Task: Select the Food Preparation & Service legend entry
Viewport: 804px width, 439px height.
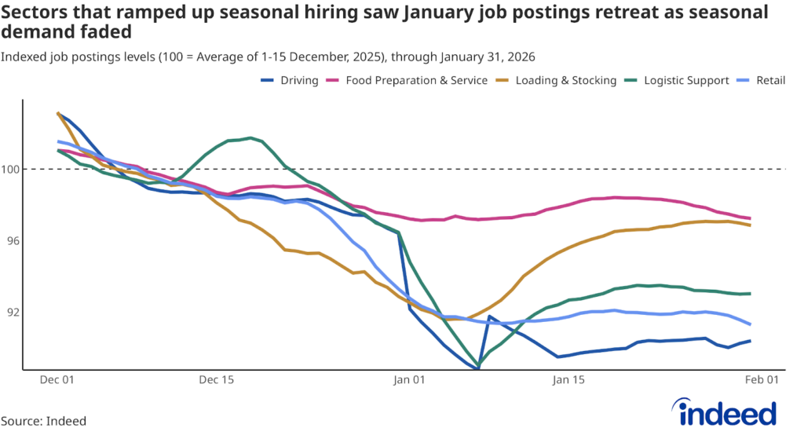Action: [424, 80]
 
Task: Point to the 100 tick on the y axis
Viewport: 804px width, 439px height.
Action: [12, 169]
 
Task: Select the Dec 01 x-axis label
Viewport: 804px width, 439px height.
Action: [57, 380]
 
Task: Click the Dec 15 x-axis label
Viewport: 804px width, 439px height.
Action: [217, 380]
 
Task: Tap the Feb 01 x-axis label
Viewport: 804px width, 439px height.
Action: [761, 380]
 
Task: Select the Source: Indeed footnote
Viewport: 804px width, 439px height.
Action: [43, 421]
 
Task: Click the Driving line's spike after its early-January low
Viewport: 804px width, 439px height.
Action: [489, 316]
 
